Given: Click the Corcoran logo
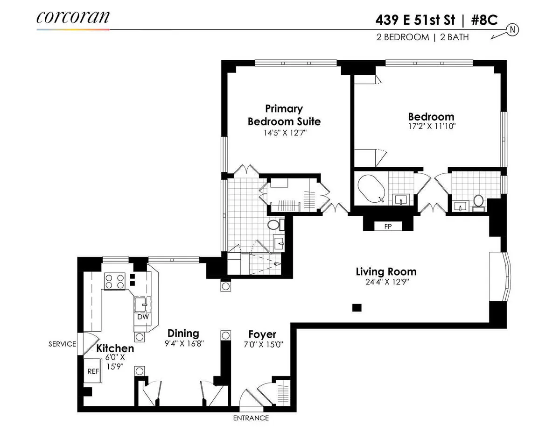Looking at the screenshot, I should (x=73, y=17).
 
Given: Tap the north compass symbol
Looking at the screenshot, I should (x=512, y=30).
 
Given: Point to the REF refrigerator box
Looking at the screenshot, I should (x=93, y=371).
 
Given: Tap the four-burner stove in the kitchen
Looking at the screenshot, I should (x=115, y=281).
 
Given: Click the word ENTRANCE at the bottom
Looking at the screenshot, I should (x=251, y=418).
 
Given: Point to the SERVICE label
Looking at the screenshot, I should (x=62, y=344).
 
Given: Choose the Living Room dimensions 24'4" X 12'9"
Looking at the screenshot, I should (x=386, y=282).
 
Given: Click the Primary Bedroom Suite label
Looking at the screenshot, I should (x=284, y=115).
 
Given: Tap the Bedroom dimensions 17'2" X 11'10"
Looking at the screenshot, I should (x=431, y=126).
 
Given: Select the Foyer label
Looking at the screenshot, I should (x=262, y=334).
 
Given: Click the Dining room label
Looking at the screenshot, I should (x=183, y=333).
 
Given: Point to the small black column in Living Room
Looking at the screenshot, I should (x=357, y=307).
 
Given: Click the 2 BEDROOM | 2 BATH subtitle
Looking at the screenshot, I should (x=422, y=37).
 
